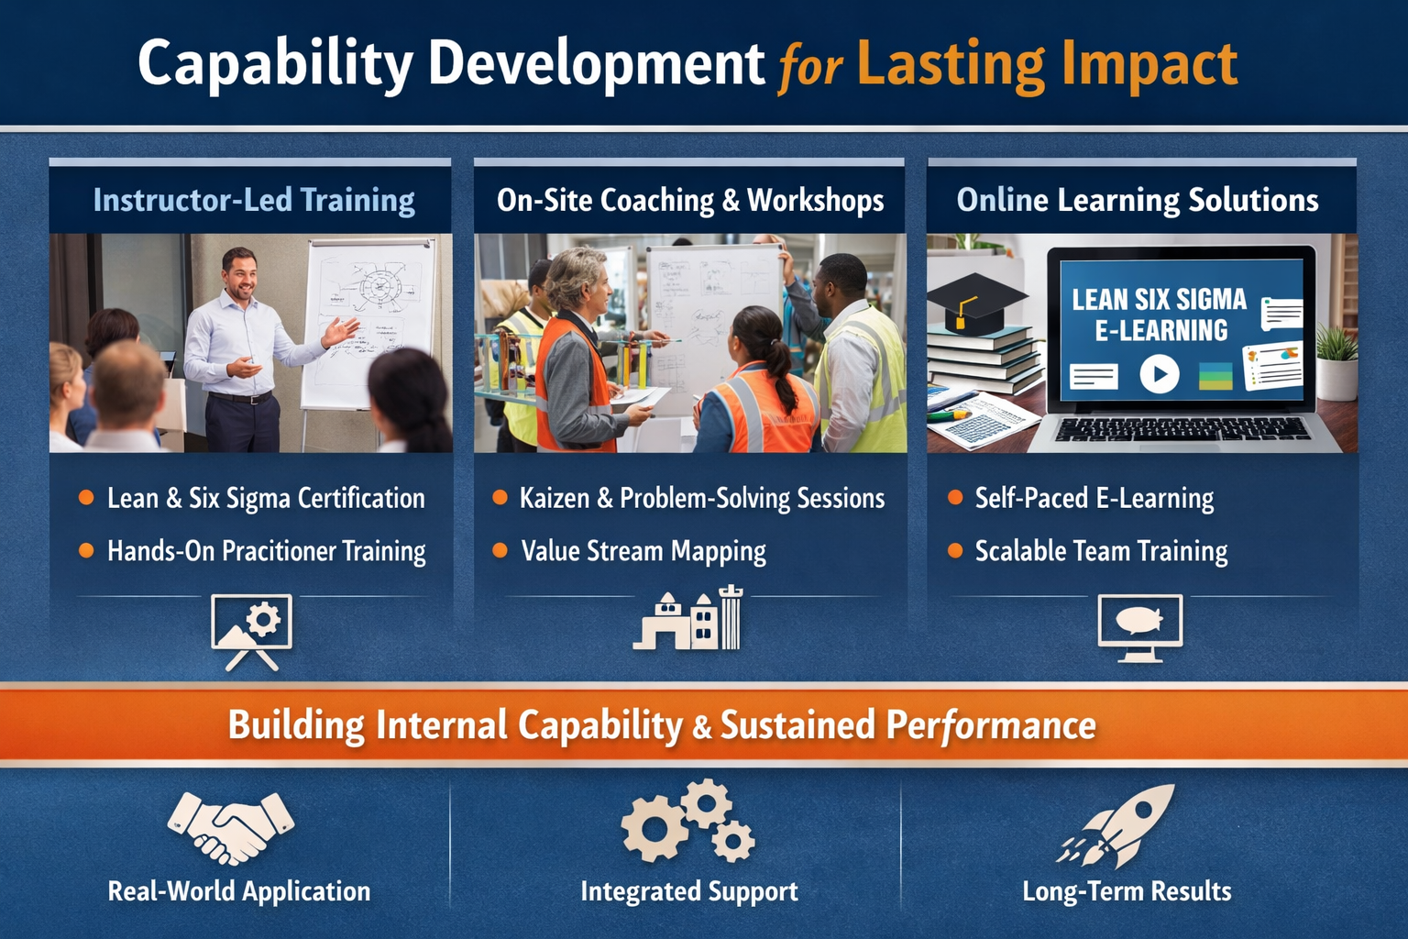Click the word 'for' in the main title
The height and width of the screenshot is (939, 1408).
pos(809,70)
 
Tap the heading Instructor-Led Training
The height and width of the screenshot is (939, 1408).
pos(254,200)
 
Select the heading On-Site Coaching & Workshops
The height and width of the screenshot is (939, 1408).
pos(689,200)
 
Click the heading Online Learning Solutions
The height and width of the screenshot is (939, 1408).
pos(1137,200)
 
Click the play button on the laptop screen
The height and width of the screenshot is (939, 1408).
pos(1159,374)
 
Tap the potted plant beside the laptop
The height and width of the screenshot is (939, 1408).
pos(1336,363)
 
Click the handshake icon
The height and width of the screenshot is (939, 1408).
pos(231,827)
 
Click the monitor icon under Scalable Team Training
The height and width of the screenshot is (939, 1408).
pos(1139,627)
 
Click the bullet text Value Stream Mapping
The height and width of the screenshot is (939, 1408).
pos(643,551)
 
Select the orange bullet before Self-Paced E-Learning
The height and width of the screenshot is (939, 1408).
pos(955,498)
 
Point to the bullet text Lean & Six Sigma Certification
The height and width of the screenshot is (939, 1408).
pos(266,498)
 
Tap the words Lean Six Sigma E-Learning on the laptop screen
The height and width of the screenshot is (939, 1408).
pos(1160,315)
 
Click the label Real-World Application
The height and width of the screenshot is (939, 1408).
pos(239,890)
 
